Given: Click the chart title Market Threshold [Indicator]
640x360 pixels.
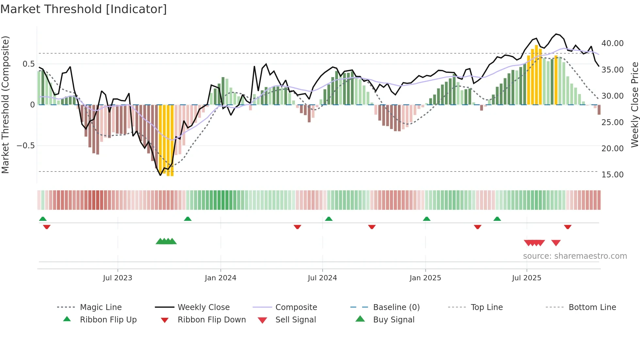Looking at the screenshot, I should (x=84, y=9).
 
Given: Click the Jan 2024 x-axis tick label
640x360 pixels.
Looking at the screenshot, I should (x=220, y=278).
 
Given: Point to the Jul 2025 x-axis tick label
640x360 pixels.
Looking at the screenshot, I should (x=526, y=278).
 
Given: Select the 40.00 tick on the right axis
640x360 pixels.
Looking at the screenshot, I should (x=612, y=43).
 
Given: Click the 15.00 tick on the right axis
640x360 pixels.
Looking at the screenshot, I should (x=612, y=175).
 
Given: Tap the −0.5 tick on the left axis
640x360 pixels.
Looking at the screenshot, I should (x=26, y=146).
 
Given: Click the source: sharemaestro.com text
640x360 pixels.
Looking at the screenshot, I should (x=575, y=256).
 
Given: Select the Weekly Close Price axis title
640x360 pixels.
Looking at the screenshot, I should (x=634, y=105).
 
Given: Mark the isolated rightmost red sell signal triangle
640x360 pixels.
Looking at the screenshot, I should (x=556, y=243).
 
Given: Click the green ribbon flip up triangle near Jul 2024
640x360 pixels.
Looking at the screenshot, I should (x=329, y=219).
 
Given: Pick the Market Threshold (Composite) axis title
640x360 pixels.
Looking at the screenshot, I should (x=6, y=105).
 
